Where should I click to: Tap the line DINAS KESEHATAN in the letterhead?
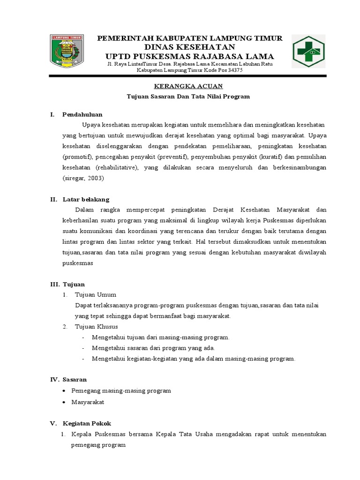pos(189,47)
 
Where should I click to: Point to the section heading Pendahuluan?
pos(82,114)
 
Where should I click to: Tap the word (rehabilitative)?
pos(117,167)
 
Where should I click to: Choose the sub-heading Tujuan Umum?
pos(96,295)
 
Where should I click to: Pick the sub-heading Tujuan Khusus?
pos(97,326)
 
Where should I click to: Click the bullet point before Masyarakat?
pos(64,402)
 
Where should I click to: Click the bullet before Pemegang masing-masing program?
pos(64,390)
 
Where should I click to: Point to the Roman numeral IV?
pos(53,379)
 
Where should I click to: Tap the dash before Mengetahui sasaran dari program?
pos(83,348)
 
